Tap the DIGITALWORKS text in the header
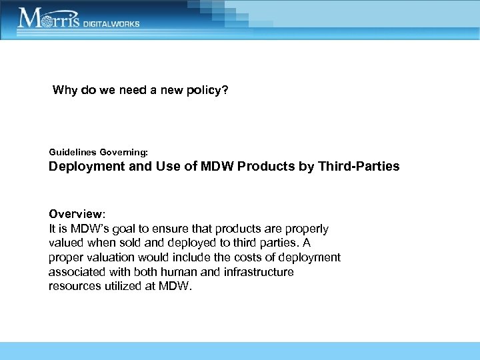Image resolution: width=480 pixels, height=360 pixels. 111,23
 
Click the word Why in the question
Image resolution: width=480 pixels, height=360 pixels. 65,90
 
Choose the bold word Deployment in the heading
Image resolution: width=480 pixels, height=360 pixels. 87,167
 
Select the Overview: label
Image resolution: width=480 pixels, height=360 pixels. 77,215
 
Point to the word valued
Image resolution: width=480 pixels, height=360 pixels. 66,243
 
